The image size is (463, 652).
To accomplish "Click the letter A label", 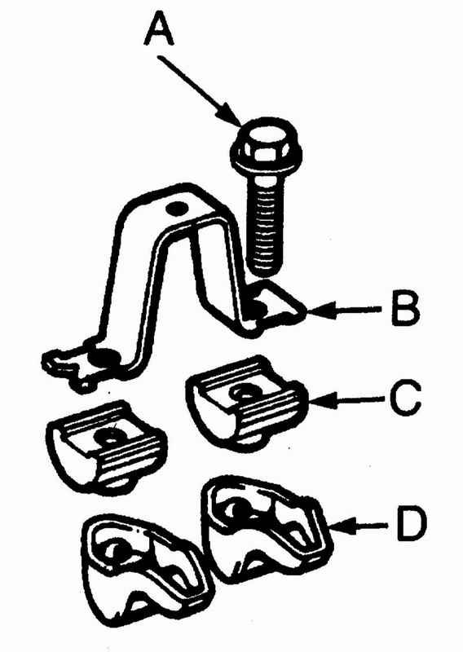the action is pyautogui.click(x=158, y=28).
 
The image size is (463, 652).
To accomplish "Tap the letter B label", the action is pyautogui.click(x=405, y=309).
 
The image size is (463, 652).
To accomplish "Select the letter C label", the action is pyautogui.click(x=406, y=399).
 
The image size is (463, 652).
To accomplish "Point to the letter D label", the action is pyautogui.click(x=412, y=526).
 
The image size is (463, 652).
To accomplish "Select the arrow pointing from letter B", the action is pyautogui.click(x=343, y=310).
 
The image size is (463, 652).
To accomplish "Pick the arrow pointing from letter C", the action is pyautogui.click(x=345, y=399).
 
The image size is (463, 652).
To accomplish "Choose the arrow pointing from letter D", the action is pyautogui.click(x=359, y=526).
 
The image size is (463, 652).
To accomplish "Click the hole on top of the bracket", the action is pyautogui.click(x=174, y=208).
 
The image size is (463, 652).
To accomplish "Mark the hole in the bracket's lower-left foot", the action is pyautogui.click(x=106, y=357).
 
